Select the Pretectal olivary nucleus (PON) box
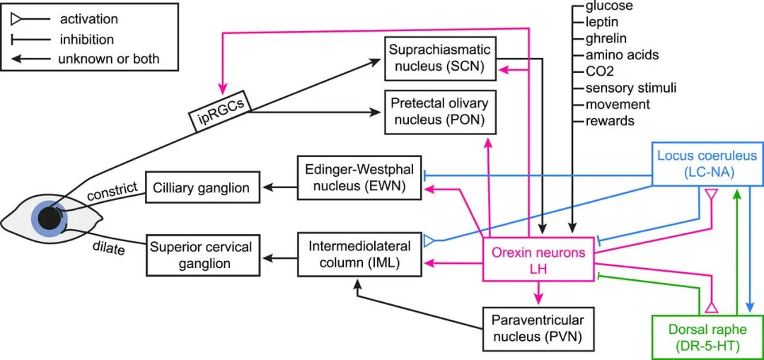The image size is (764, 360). [438, 112]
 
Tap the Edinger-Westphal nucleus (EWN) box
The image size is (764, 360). [359, 180]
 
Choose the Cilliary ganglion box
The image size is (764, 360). [202, 188]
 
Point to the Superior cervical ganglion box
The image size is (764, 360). [199, 255]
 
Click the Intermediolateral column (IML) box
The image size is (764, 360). [359, 255]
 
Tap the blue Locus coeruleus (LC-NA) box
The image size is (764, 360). [707, 164]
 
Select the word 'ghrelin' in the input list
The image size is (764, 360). [606, 38]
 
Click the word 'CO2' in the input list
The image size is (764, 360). [598, 71]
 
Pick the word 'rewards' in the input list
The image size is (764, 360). [609, 121]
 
